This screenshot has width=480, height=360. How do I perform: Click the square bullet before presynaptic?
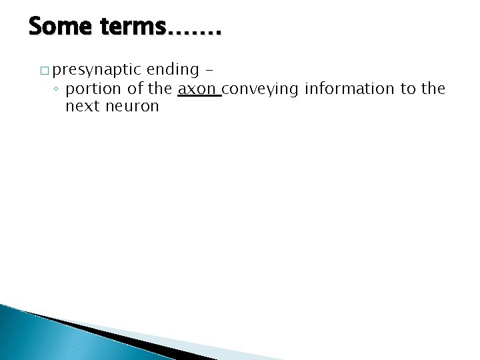tap(44, 71)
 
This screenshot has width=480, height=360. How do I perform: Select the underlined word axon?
tap(198, 89)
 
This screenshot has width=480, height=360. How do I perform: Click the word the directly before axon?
tap(160, 89)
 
